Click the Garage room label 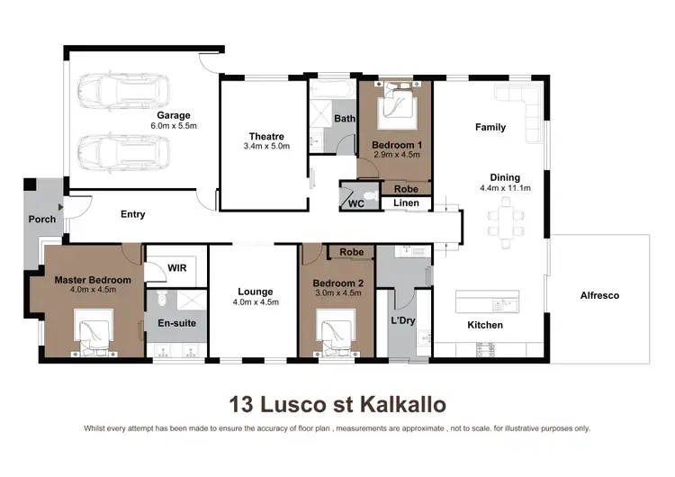174,115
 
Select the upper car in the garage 115,90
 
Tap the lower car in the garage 115,149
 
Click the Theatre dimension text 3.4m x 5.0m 265,146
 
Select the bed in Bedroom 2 337,331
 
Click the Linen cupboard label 407,203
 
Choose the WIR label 176,267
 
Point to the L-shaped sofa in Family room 525,103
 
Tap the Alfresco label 598,295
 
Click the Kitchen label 484,325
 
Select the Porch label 41,219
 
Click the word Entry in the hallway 132,214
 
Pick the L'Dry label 401,320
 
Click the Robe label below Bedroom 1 407,189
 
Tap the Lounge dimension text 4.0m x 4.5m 255,302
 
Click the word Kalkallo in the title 401,402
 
